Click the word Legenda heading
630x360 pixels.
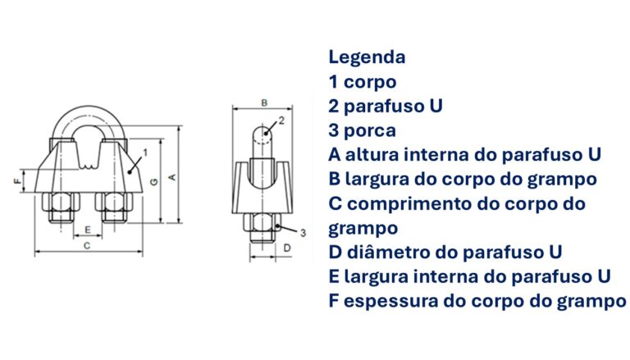(x=367, y=57)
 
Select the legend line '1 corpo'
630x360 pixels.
(x=363, y=82)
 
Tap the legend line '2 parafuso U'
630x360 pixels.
(x=386, y=106)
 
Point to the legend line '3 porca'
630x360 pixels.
(x=363, y=131)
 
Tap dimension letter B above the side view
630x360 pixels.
(x=264, y=103)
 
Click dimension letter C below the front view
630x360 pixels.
(x=87, y=245)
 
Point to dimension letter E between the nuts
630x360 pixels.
(x=88, y=230)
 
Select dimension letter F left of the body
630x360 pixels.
(x=17, y=181)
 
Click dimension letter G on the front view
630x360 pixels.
(x=154, y=182)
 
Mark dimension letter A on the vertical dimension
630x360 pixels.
(x=172, y=177)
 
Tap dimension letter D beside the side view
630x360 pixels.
(x=287, y=248)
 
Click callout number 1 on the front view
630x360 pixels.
(x=145, y=153)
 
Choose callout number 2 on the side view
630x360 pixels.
(x=281, y=120)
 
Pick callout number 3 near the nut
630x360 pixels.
(x=303, y=233)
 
